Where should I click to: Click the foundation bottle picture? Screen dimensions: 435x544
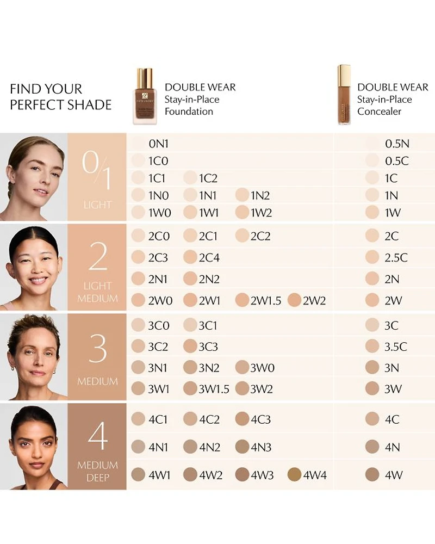click(x=143, y=96)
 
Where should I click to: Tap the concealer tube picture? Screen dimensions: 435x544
click(x=344, y=94)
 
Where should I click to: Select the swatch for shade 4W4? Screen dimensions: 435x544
click(x=294, y=474)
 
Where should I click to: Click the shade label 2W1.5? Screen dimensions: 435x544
click(x=266, y=301)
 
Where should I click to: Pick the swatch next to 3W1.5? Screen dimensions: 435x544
click(x=190, y=388)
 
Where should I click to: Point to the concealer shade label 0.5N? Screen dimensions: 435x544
click(x=397, y=144)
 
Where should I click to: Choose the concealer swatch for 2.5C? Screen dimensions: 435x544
click(x=372, y=257)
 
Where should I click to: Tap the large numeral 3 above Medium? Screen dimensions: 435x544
click(x=97, y=349)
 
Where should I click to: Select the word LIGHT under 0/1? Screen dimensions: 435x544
click(x=97, y=205)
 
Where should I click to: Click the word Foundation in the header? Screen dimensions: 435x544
click(x=189, y=112)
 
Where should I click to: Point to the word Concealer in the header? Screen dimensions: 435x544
click(x=379, y=112)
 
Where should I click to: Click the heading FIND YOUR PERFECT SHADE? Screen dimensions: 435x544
click(x=61, y=97)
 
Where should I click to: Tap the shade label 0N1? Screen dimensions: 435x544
click(x=159, y=144)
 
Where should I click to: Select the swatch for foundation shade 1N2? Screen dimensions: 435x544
click(x=242, y=195)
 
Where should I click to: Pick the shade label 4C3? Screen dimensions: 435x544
click(x=260, y=419)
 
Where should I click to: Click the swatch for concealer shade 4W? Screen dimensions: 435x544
click(x=372, y=474)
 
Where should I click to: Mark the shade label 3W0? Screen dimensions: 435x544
click(x=262, y=368)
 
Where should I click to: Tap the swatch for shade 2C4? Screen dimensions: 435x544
click(x=190, y=257)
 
